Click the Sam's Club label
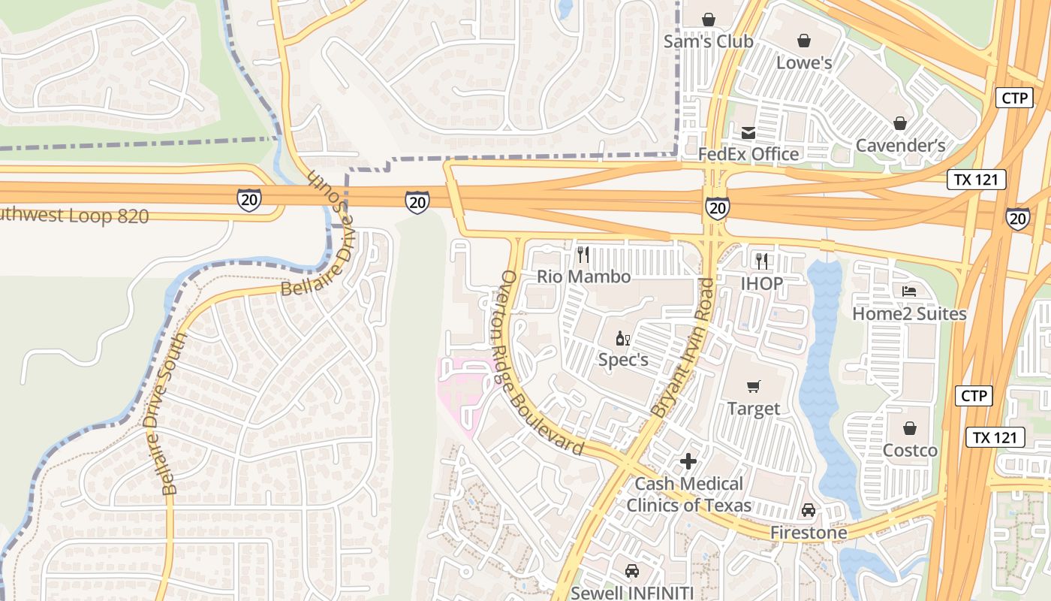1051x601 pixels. [707, 41]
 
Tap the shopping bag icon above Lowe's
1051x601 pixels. [804, 40]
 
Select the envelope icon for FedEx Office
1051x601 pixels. [748, 133]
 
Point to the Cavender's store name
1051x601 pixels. [900, 145]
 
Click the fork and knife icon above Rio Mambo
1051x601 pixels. [583, 255]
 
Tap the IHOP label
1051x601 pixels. [761, 283]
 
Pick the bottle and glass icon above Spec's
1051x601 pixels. [622, 338]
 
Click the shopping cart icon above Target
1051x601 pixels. [754, 386]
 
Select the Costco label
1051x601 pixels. [910, 450]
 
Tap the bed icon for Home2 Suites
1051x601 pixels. [909, 291]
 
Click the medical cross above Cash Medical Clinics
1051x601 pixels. [688, 461]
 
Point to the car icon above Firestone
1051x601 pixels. [808, 510]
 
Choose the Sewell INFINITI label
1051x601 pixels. [631, 592]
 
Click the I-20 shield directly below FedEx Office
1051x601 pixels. [717, 208]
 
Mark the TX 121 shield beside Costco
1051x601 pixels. [994, 437]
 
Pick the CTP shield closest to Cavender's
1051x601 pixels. [1014, 98]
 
